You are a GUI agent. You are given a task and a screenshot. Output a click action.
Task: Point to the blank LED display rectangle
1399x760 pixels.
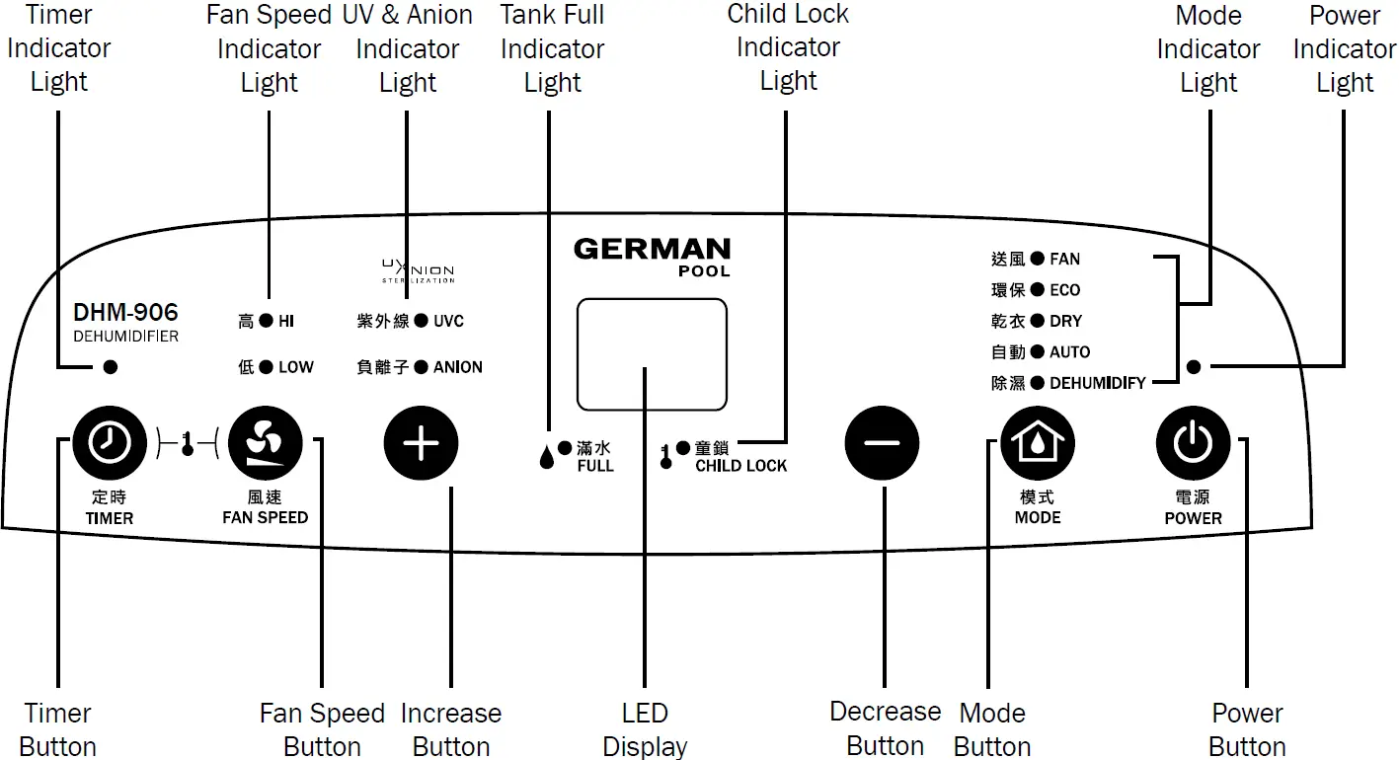point(652,354)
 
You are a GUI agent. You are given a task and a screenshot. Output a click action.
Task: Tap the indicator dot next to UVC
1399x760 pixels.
point(422,321)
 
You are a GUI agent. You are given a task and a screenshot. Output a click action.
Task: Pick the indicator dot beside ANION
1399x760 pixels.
point(422,367)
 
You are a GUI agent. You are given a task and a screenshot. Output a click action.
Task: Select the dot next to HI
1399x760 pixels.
point(266,321)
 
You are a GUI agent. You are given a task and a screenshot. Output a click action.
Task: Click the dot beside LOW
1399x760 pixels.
point(266,367)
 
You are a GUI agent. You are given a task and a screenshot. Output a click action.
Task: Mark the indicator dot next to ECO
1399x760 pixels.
point(1037,290)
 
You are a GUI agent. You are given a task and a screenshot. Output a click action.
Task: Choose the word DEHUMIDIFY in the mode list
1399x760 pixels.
point(1097,383)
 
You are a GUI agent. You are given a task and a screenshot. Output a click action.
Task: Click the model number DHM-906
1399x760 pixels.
point(125,313)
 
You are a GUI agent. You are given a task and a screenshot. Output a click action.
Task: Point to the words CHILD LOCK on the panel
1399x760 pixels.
point(740,466)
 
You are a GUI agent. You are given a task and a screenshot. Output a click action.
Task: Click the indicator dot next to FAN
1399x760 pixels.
point(1037,259)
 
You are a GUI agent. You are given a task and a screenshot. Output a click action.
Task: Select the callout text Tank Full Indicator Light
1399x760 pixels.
point(552,48)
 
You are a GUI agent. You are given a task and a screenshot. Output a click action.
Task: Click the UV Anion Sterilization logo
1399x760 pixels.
point(418,270)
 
